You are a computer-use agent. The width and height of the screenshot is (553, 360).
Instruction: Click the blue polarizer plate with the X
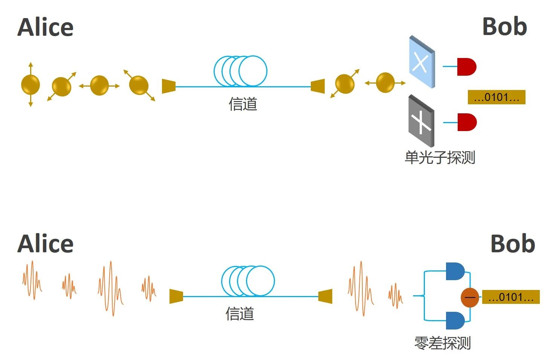[x=422, y=63]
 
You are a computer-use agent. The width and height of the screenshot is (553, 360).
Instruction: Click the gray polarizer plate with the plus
[x=421, y=121]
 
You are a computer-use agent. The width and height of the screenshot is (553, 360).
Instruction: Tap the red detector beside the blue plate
[x=466, y=67]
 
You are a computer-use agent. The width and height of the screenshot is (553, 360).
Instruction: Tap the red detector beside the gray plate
[x=467, y=122]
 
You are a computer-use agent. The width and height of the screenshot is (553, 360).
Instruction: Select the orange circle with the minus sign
[x=470, y=297]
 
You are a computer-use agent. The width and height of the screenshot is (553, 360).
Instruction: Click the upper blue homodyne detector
[x=455, y=272]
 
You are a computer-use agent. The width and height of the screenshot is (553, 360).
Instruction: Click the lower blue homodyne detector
[x=455, y=320]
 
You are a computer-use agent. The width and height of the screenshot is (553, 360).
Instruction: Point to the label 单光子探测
[x=440, y=157]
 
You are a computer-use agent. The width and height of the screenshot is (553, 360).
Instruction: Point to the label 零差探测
[x=443, y=343]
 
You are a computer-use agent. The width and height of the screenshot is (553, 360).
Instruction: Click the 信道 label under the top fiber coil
[x=243, y=104]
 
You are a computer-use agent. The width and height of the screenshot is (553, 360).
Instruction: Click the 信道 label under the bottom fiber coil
[x=240, y=314]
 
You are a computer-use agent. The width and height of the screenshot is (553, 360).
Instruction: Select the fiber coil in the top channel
[x=240, y=71]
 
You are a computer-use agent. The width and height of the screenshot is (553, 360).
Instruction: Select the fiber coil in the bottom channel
[x=248, y=281]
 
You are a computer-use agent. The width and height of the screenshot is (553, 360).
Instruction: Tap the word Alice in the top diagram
[x=46, y=27]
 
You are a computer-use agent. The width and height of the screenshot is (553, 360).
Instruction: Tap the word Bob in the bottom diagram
[x=513, y=244]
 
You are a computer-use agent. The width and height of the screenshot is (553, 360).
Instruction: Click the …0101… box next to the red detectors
[x=496, y=98]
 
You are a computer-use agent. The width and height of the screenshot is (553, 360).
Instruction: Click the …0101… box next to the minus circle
[x=510, y=297]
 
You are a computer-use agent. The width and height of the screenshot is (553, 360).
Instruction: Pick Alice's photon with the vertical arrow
[x=31, y=84]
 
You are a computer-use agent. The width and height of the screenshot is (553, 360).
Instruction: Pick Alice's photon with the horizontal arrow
[x=99, y=85]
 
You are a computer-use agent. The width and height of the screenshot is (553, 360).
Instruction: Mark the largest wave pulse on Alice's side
[x=110, y=288]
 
